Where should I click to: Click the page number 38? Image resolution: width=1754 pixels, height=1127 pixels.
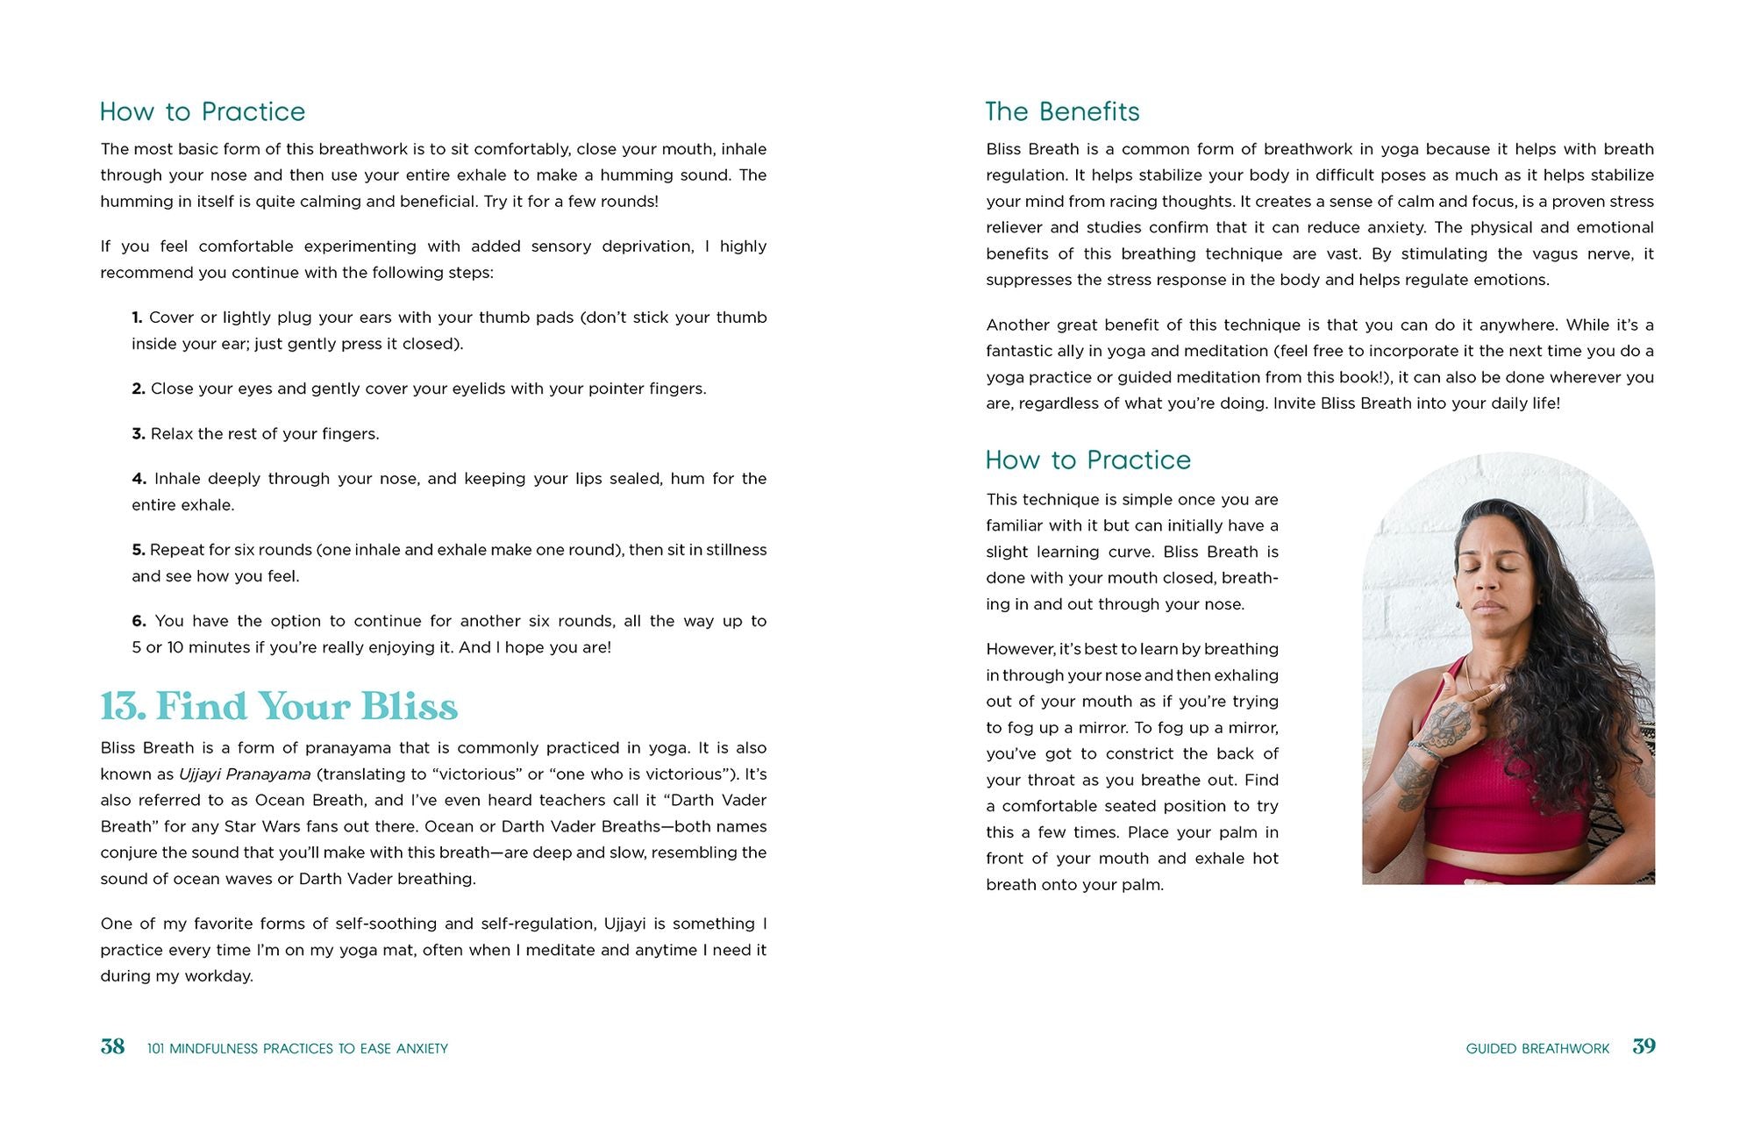(112, 1046)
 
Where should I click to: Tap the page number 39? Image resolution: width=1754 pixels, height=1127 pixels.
(1643, 1046)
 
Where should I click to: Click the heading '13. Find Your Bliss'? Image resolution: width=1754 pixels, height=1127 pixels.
(279, 706)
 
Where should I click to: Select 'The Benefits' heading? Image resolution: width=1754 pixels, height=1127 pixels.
(1062, 111)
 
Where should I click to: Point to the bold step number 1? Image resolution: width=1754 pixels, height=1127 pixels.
(137, 317)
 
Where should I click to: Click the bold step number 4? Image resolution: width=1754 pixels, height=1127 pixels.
(139, 479)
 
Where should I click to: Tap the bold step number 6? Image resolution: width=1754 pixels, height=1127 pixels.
(139, 621)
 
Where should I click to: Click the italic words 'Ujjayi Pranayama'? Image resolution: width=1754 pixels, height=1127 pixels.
(245, 774)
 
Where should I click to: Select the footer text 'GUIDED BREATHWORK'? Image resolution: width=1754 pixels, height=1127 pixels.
(1537, 1048)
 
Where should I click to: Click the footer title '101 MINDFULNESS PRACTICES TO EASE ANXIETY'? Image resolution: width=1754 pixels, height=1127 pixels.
(297, 1048)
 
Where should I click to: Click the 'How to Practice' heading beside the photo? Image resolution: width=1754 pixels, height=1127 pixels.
(1087, 460)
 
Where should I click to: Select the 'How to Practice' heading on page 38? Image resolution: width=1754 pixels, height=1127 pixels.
(203, 111)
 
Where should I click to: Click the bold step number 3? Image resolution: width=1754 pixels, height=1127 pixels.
(138, 434)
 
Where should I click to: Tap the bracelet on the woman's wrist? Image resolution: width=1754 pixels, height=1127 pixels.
(1426, 751)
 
